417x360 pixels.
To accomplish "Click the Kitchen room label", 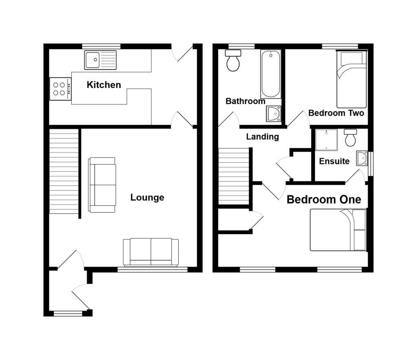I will pyautogui.click(x=104, y=85).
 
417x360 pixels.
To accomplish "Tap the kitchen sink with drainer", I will pyautogui.click(x=100, y=60).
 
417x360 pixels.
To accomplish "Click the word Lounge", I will pyautogui.click(x=147, y=198).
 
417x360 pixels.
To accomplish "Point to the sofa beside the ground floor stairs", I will pyautogui.click(x=102, y=185).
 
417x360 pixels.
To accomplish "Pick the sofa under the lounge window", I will pyautogui.click(x=151, y=252).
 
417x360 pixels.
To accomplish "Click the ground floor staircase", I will pyautogui.click(x=64, y=171).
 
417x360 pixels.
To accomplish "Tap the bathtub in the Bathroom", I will pyautogui.click(x=270, y=74).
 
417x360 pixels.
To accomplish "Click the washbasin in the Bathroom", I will pyautogui.click(x=273, y=114).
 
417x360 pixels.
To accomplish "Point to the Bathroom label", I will pyautogui.click(x=245, y=101).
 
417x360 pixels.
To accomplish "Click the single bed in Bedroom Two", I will pyautogui.click(x=351, y=79).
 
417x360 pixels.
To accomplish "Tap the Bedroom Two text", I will pyautogui.click(x=336, y=113).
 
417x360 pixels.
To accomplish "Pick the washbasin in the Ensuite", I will pyautogui.click(x=362, y=158).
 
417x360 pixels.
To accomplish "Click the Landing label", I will pyautogui.click(x=262, y=137).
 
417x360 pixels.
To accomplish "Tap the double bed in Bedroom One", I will pyautogui.click(x=338, y=230).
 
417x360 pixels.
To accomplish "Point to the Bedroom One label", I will pyautogui.click(x=324, y=200).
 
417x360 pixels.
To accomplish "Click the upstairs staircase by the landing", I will pyautogui.click(x=234, y=176).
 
